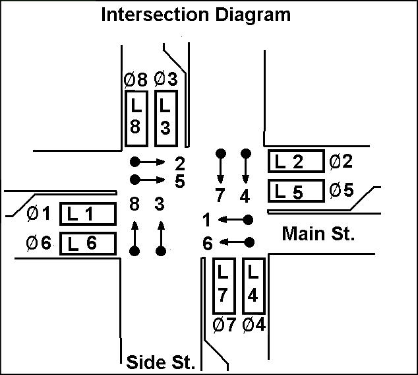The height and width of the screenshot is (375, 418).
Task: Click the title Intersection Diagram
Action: coord(195,14)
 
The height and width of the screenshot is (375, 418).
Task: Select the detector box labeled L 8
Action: coord(135,118)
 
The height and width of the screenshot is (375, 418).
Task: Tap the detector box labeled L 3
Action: coord(165,118)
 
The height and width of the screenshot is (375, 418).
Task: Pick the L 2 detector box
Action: coord(296,161)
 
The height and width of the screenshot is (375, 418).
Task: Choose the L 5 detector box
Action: coord(296,191)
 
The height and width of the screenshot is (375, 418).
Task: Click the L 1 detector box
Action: coord(88,213)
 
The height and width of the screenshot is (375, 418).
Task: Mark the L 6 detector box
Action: coord(88,243)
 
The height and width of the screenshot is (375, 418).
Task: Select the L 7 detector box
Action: coord(224,285)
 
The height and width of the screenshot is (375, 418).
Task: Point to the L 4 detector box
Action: coord(254,285)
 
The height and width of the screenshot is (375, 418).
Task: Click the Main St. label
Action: coord(318,234)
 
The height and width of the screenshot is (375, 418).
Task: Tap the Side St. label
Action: coord(160,362)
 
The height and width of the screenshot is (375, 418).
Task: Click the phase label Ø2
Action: coord(342,160)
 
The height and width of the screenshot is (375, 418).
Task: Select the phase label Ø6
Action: coord(39,243)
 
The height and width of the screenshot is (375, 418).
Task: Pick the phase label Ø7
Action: coord(224,325)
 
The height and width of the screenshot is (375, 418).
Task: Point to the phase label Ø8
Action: coord(134,81)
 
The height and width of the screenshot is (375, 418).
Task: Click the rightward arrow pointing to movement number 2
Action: coord(151,161)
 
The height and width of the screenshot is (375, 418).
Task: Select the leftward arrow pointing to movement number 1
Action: coord(233,219)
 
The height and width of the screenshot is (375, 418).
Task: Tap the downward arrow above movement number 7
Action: coord(221,168)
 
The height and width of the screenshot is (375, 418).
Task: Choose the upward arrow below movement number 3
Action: coord(160,237)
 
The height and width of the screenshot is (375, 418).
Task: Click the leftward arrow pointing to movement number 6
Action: coord(233,242)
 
